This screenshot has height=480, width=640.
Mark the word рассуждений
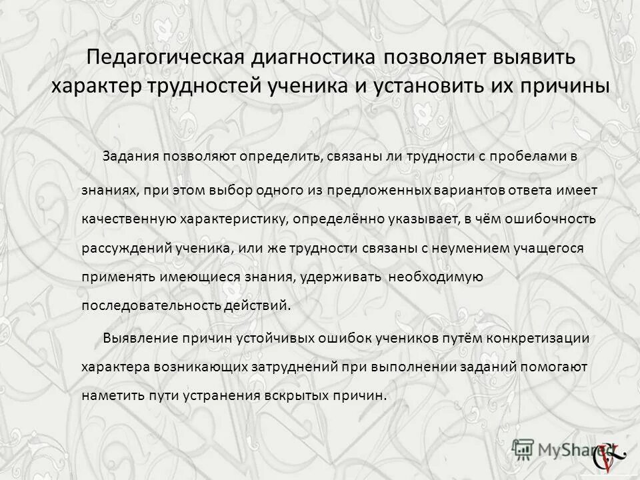click(x=123, y=248)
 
